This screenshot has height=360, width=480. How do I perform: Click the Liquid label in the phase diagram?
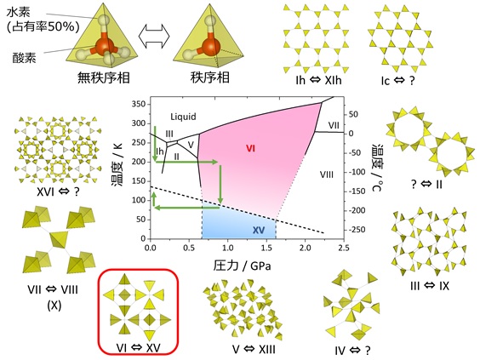(183, 117)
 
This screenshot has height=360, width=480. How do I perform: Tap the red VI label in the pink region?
(250, 148)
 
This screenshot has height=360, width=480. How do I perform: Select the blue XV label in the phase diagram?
(259, 230)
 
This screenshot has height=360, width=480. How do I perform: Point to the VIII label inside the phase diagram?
(327, 174)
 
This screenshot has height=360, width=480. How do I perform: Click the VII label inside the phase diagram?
(334, 125)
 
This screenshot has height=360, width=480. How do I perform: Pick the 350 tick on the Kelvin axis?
(139, 104)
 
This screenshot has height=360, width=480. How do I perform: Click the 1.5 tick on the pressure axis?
(266, 248)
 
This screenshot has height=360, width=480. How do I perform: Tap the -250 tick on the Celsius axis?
(357, 230)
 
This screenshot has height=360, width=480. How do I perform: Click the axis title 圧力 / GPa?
(242, 265)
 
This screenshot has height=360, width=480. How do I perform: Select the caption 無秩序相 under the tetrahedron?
(104, 77)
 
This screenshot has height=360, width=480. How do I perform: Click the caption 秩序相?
(209, 77)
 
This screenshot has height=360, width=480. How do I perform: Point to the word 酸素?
(24, 57)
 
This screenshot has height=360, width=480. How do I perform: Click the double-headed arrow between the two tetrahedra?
(154, 36)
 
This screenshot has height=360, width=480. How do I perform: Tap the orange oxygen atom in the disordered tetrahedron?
(104, 46)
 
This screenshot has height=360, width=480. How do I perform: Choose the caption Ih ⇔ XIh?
(318, 80)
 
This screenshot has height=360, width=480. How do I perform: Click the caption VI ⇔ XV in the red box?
(138, 348)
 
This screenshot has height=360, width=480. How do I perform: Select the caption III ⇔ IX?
(430, 286)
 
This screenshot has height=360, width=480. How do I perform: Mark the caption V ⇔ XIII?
(254, 349)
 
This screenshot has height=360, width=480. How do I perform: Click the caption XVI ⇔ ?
(58, 192)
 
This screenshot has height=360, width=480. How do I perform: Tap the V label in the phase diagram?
(191, 145)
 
